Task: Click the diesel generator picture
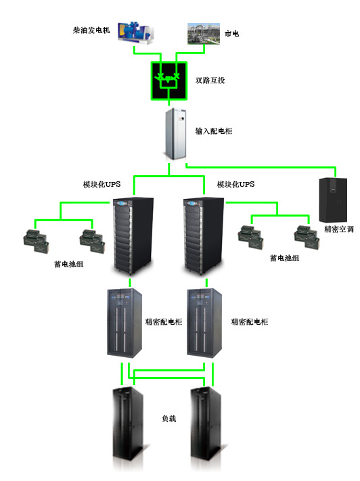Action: pos(135,32)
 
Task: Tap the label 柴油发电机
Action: pos(91,30)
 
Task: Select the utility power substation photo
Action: pos(204,33)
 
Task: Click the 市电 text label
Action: pos(231,33)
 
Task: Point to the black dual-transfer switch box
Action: pos(168,81)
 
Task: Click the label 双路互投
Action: pos(210,81)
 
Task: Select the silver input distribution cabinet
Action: pos(175,134)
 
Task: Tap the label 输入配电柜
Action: pos(214,131)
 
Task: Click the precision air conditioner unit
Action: pos(333,200)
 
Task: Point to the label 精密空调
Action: pos(339,229)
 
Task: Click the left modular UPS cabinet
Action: pos(133,236)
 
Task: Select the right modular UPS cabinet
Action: pos(204,236)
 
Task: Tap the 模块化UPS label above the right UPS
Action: pos(235,185)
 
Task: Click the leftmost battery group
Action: pos(36,242)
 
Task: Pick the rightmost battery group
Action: pos(307,237)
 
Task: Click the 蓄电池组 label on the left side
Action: pos(69,264)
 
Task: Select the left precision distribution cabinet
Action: pos(125,323)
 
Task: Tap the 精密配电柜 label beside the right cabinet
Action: pos(250,321)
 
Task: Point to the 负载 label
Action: pos(168,418)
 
